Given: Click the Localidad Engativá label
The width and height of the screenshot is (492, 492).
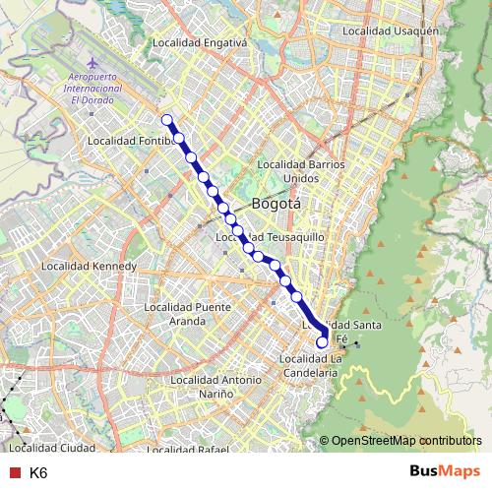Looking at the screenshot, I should click(201, 43).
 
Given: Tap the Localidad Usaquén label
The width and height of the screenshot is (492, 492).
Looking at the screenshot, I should click(389, 31).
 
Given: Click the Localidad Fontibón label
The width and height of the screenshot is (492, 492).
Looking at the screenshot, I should click(131, 141).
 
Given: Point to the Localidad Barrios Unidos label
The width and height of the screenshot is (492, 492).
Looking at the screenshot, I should click(301, 170).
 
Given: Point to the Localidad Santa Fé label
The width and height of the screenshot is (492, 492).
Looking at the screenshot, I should click(339, 330).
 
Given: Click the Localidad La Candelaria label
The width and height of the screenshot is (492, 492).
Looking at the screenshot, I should click(311, 365).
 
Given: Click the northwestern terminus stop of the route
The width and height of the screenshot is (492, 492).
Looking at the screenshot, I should click(166, 120).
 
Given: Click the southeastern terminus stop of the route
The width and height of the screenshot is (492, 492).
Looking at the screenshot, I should click(322, 342).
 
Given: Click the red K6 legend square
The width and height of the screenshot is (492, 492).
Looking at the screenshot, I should click(14, 472).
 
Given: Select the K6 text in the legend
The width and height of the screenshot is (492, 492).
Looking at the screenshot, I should click(38, 472).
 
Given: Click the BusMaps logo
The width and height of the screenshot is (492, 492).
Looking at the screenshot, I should click(444, 471).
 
